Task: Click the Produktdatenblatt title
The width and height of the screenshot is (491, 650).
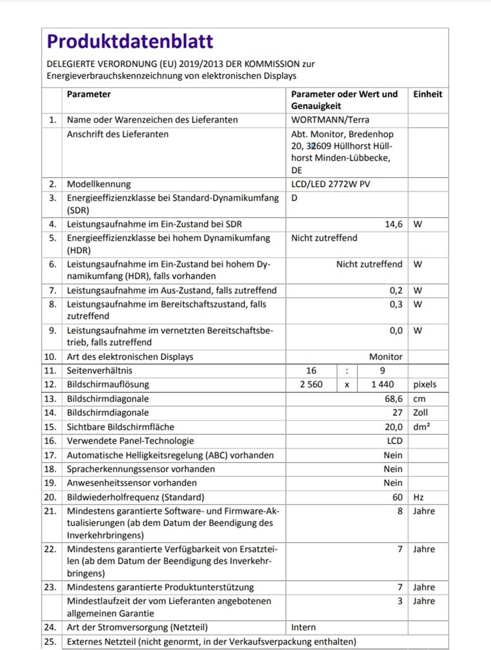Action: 130,41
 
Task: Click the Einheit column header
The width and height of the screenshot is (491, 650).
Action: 428,94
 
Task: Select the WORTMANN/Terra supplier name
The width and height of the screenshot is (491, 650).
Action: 330,120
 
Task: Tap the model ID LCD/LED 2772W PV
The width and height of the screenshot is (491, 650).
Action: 330,184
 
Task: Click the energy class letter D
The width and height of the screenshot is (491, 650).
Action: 294,198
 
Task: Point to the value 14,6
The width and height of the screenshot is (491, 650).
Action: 393,224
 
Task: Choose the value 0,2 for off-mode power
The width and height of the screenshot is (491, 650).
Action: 396,291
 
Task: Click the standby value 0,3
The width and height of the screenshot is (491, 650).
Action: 396,305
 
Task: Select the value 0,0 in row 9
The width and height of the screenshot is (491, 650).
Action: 396,331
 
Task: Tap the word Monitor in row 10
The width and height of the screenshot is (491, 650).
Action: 385,357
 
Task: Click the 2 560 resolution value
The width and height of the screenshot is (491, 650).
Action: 311,385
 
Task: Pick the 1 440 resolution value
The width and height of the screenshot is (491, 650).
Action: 382,385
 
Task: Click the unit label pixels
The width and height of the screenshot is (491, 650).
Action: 425,385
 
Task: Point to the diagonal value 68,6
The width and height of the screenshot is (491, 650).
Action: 393,399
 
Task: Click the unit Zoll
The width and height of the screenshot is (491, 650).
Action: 420,413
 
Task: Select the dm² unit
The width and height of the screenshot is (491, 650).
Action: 421,427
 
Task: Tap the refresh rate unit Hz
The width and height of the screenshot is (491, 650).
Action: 418,498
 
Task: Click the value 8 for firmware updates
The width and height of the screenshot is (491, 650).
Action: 400,511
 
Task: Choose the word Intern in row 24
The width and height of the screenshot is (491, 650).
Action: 303,627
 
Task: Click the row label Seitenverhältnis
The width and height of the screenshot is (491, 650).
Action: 99,371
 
